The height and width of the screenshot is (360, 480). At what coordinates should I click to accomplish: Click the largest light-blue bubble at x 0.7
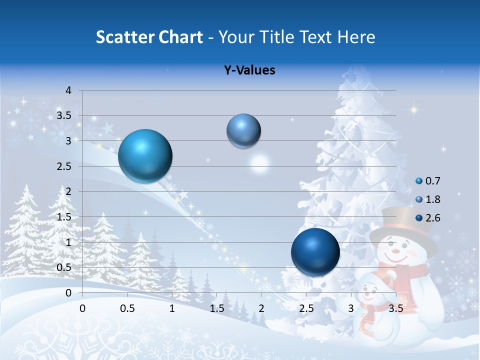click(145, 155)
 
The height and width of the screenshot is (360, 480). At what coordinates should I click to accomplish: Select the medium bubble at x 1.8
click(243, 130)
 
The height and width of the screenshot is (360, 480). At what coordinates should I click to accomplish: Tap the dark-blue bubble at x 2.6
click(315, 252)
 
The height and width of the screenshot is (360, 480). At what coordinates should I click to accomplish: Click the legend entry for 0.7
click(428, 181)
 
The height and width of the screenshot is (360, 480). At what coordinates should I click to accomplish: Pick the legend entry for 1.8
click(428, 199)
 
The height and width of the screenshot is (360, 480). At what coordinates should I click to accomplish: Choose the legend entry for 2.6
click(428, 217)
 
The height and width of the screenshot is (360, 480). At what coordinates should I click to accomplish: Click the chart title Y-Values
click(249, 70)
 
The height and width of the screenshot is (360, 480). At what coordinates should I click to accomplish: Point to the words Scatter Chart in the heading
click(149, 37)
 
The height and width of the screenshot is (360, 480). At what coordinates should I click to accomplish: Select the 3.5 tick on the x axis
click(396, 308)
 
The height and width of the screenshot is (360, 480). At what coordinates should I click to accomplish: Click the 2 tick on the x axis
click(261, 308)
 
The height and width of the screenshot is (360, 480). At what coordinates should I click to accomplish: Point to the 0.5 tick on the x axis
click(127, 308)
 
